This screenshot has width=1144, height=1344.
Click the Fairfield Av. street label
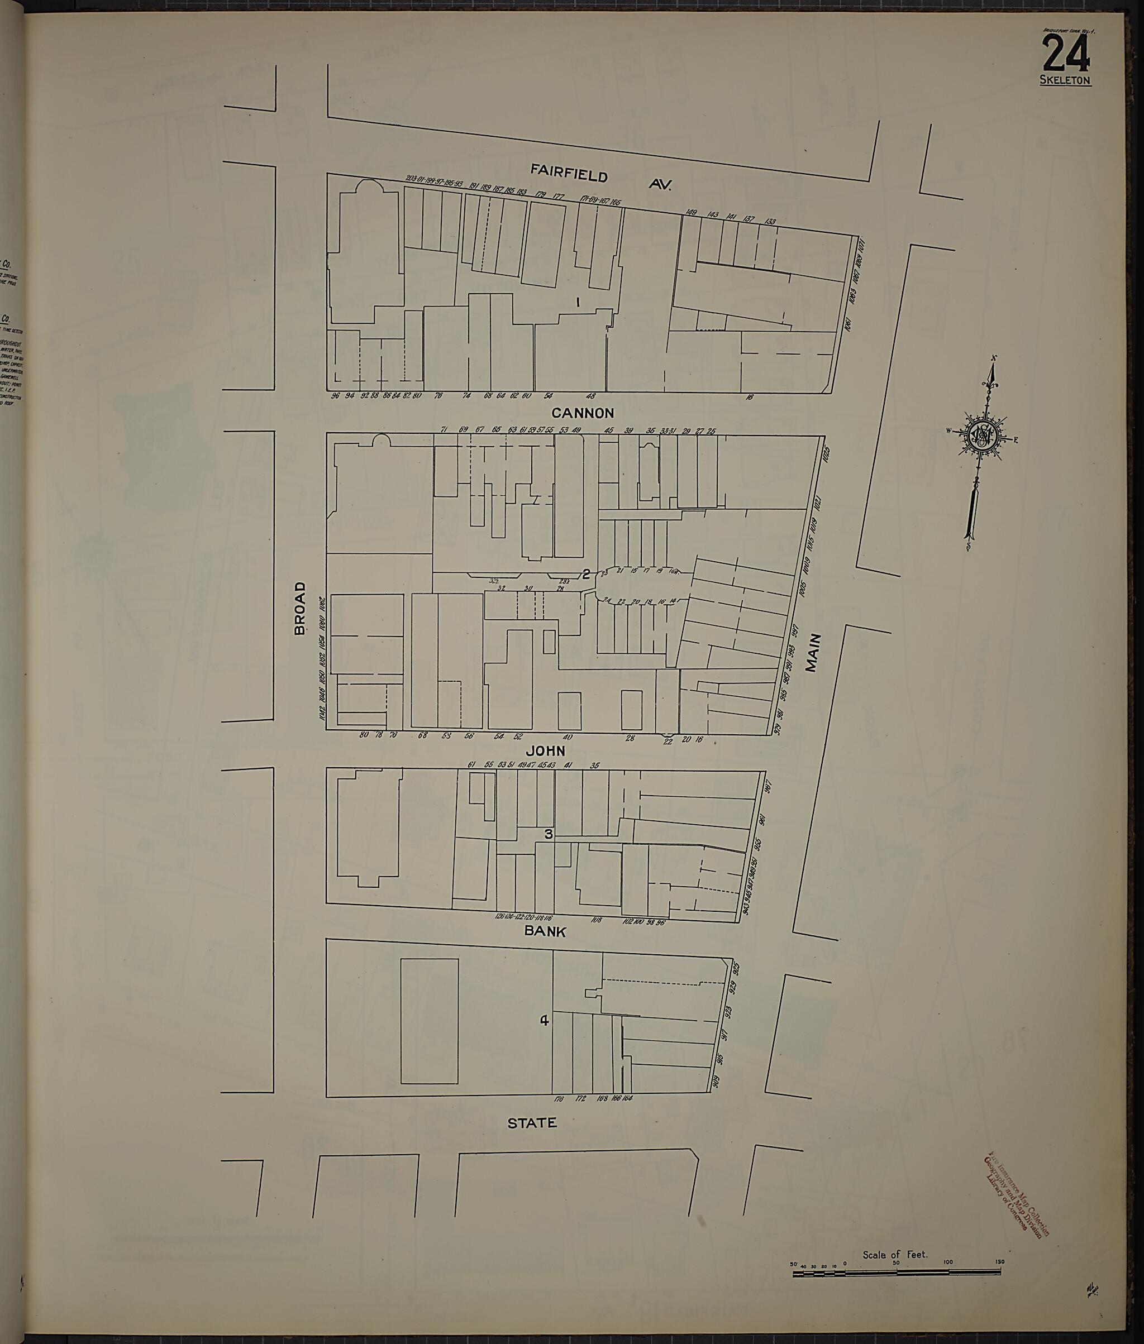coord(600,177)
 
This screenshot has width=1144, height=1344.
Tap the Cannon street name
coord(583,412)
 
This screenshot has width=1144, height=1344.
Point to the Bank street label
coord(545,931)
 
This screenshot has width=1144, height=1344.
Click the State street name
coord(532,1122)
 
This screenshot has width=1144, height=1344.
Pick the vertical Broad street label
coord(299,608)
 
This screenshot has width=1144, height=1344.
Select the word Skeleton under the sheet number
coord(1065,81)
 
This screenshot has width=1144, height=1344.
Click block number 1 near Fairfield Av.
coord(577,302)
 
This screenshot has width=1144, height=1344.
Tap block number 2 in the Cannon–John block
coord(585,573)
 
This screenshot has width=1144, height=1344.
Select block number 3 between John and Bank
coord(549,834)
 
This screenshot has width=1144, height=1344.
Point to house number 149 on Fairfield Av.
coord(690,212)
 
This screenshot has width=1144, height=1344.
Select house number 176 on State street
coord(559,1098)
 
